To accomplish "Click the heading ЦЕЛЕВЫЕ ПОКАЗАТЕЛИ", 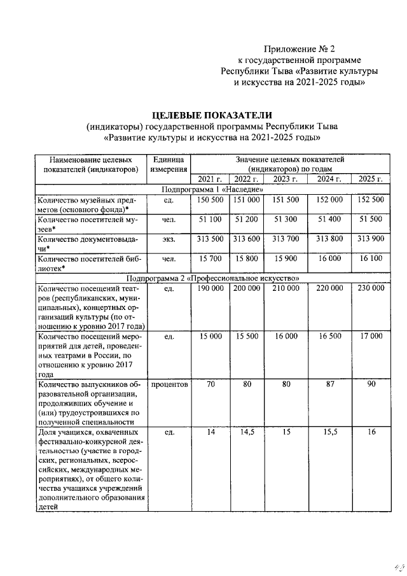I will (x=212, y=115).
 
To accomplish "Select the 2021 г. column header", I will (x=210, y=179).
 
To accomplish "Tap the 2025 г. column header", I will (x=371, y=179).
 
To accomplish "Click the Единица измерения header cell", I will (x=169, y=164).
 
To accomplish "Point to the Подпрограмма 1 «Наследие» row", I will (x=212, y=190).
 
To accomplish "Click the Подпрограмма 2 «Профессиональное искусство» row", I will (x=212, y=278).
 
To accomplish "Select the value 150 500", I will (x=210, y=200).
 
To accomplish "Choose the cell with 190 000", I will (x=210, y=288).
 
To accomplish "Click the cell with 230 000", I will (x=371, y=288).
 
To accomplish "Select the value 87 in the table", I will (x=329, y=384).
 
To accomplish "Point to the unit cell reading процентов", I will (x=169, y=384).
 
